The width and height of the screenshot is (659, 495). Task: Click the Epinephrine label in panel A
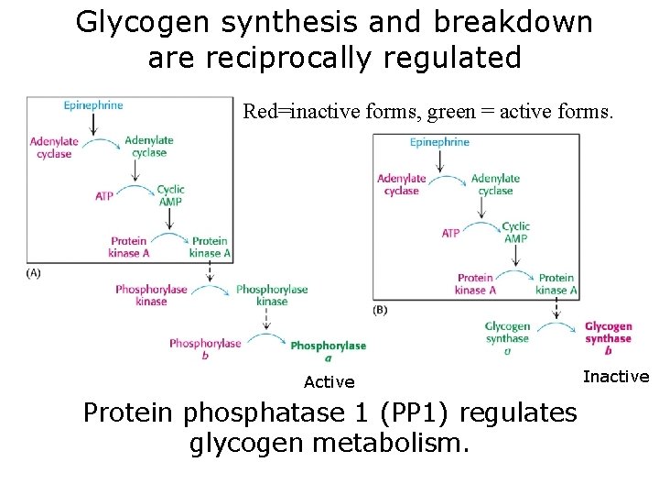click(x=93, y=105)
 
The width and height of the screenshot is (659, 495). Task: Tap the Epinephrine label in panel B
click(x=439, y=142)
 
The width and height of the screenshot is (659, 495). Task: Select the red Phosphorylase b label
click(x=205, y=349)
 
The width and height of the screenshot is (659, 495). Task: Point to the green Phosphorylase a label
click(x=328, y=351)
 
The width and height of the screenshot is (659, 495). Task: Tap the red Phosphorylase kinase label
click(x=151, y=295)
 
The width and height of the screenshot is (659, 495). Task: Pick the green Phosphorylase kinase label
click(x=272, y=295)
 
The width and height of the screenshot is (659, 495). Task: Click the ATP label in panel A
click(x=104, y=196)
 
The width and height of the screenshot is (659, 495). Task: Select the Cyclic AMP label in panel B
click(x=515, y=232)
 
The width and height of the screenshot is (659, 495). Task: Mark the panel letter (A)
click(x=34, y=272)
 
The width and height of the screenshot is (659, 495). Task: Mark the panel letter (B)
click(x=380, y=310)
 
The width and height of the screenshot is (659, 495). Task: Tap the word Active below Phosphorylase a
click(x=329, y=382)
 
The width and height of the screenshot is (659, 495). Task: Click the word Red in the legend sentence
click(x=259, y=113)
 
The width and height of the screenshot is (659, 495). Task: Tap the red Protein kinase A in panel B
click(x=475, y=284)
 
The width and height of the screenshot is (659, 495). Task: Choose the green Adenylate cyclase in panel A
click(x=149, y=147)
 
